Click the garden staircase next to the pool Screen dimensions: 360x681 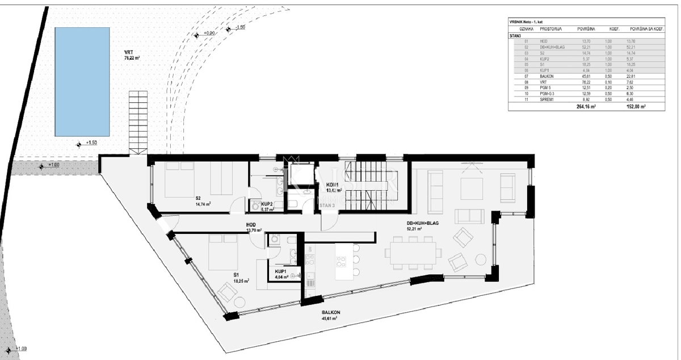pyautogui.click(x=138, y=122)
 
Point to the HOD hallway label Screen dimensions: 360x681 pyautogui.click(x=251, y=225)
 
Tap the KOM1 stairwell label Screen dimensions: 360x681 pyautogui.click(x=332, y=185)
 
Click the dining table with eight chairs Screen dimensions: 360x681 pyautogui.click(x=412, y=252)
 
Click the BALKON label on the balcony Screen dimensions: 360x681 pyautogui.click(x=329, y=313)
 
